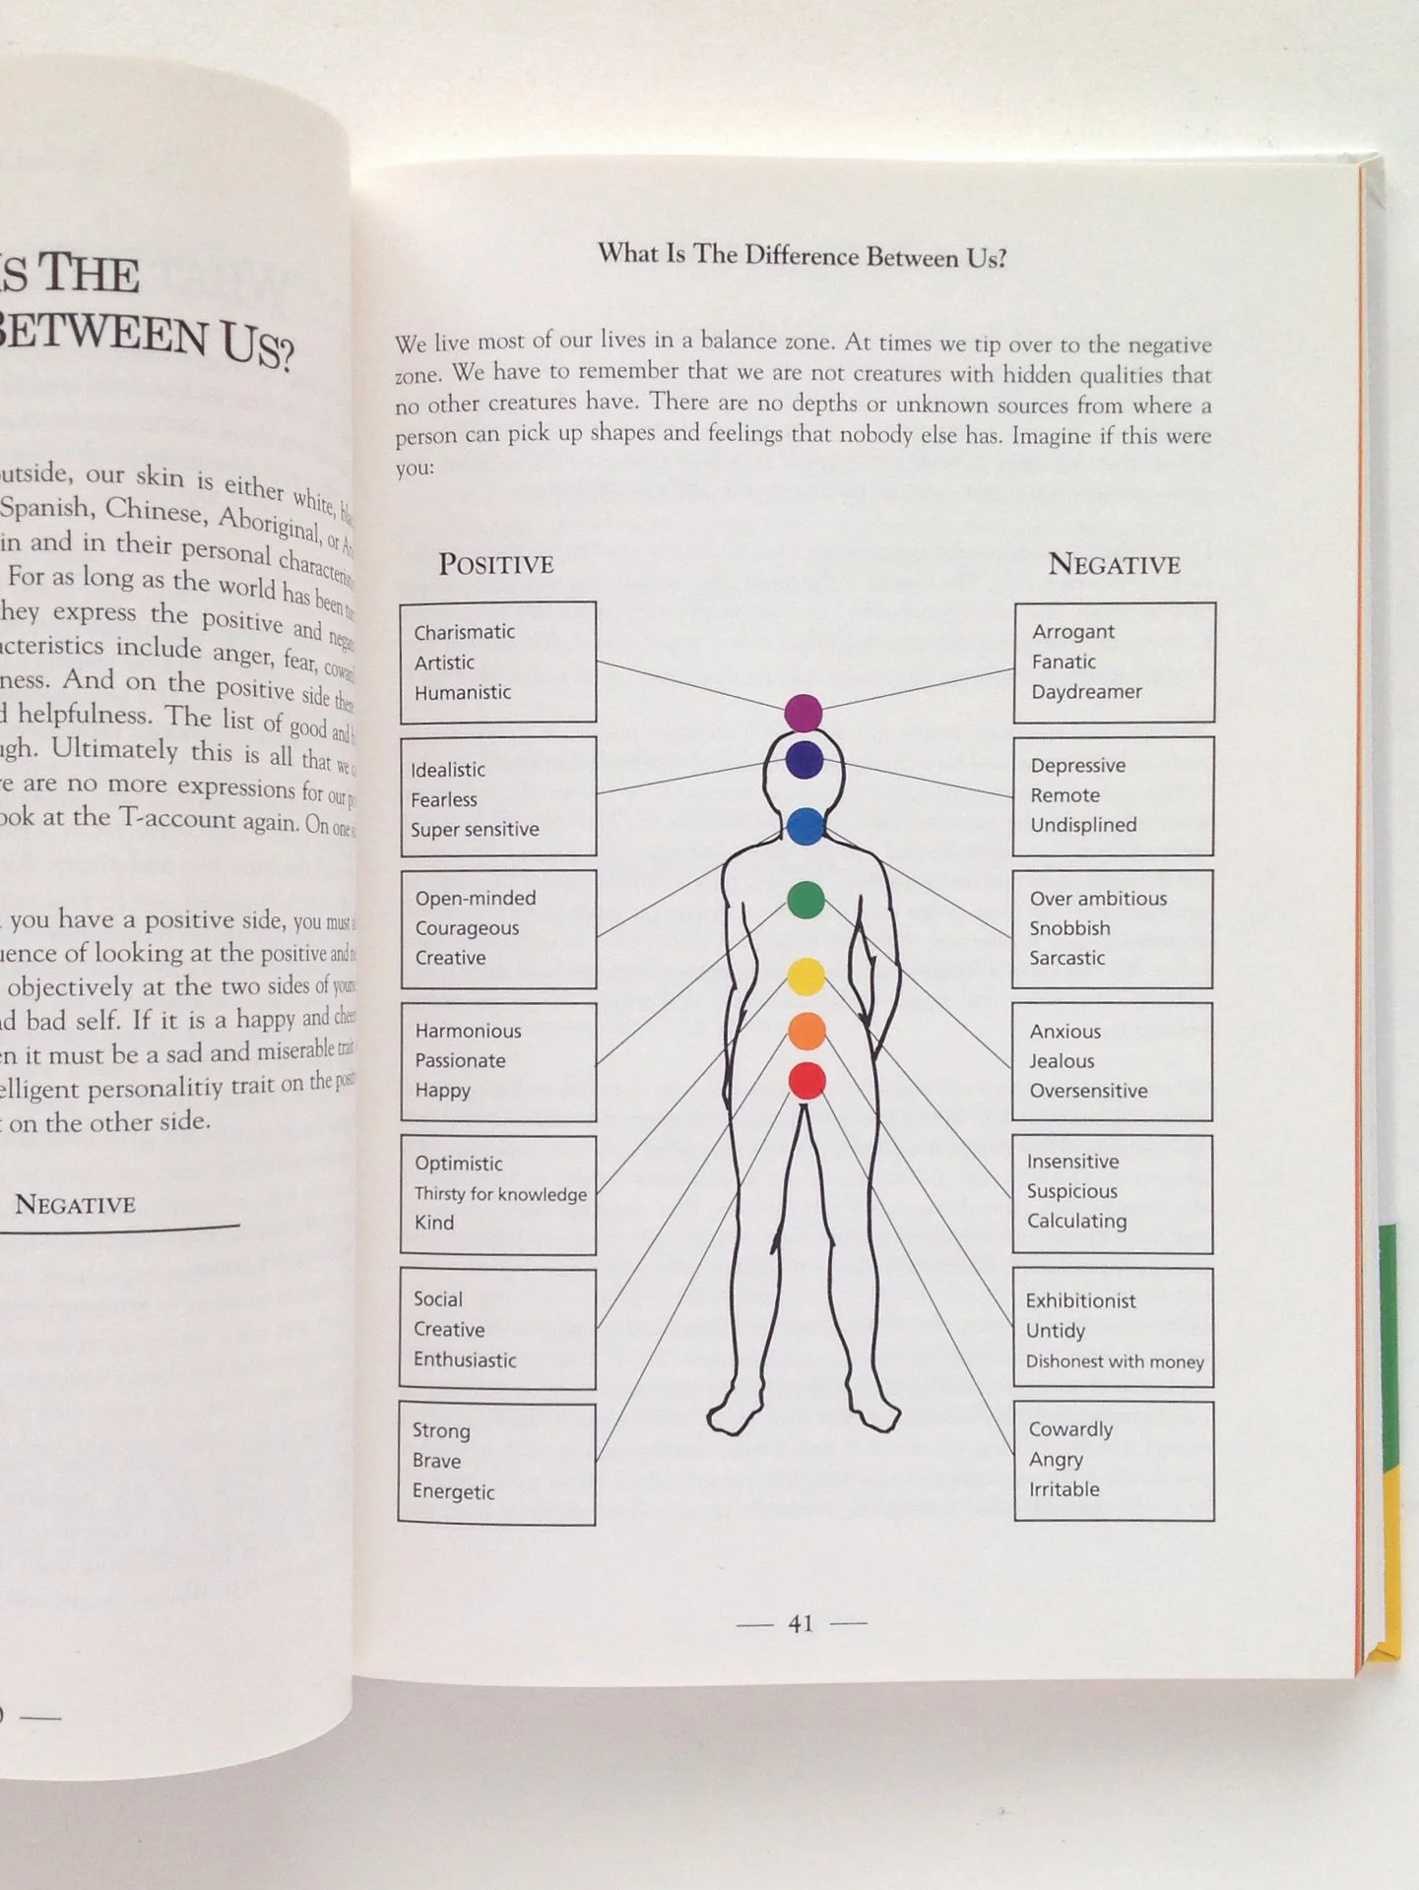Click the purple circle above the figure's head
804,713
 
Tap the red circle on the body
806,1081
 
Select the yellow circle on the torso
806,976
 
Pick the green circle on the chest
806,900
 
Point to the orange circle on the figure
806,1031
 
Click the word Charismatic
464,632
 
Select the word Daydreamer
1086,691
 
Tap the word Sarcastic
1066,958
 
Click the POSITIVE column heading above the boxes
495,564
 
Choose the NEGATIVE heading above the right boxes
1114,564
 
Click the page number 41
801,1623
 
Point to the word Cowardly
1070,1429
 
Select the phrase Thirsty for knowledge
500,1194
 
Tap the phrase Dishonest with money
1115,1361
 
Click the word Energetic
453,1491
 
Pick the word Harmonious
468,1031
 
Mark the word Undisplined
1083,825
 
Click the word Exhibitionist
1080,1300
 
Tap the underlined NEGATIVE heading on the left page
75,1204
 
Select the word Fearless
443,799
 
